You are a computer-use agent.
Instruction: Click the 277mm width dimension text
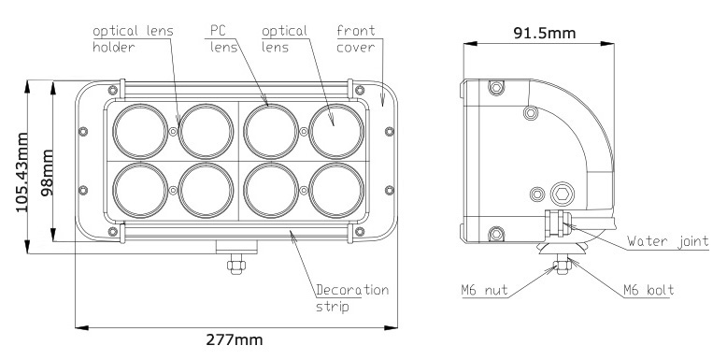tap(235, 340)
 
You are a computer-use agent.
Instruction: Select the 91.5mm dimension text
tap(545, 33)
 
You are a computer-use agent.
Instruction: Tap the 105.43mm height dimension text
tap(21, 172)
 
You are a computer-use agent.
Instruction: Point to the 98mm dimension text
tap(47, 173)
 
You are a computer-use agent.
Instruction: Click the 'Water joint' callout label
tap(667, 241)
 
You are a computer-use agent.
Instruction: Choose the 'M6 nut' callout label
tap(485, 291)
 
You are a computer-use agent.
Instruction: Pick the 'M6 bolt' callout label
tap(649, 291)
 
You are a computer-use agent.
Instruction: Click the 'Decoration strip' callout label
tap(352, 298)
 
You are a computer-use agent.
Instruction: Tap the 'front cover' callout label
tap(356, 39)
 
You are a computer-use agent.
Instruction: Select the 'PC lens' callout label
tap(223, 39)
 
